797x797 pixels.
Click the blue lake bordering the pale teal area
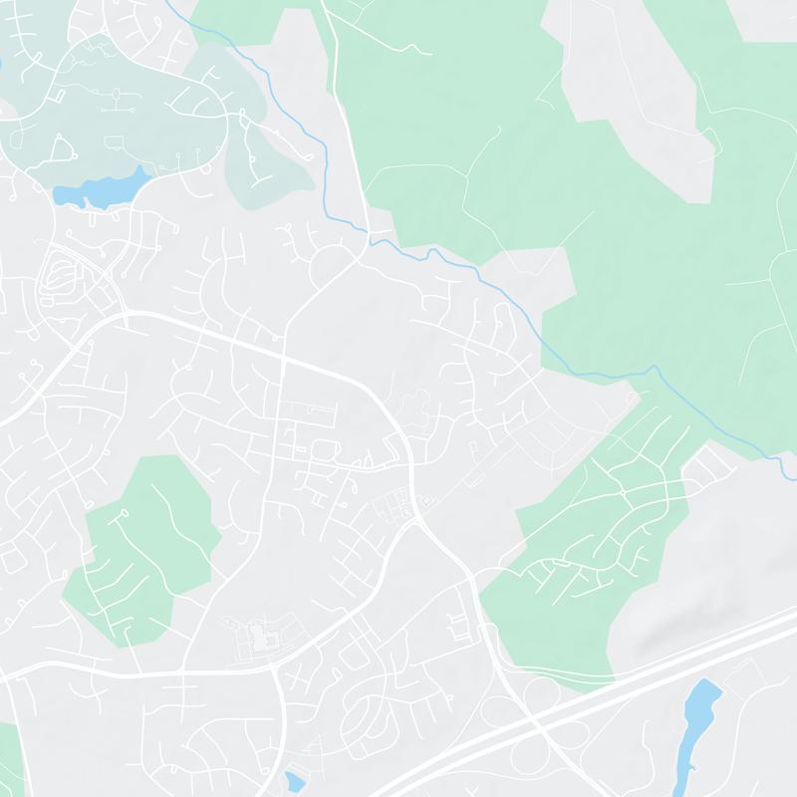[100, 189]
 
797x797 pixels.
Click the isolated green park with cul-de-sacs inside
[139, 548]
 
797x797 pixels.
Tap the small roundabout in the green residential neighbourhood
[622, 492]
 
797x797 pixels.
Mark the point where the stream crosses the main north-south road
[364, 239]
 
